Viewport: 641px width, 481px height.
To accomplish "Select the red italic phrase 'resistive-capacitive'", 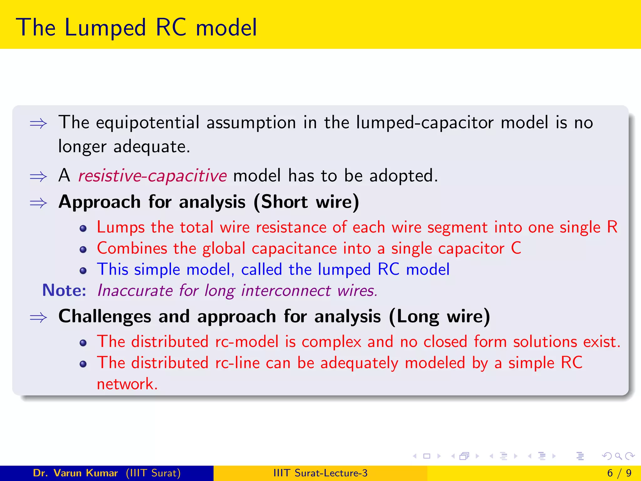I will coord(152,176).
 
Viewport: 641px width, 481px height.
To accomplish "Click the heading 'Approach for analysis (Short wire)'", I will coord(209,202).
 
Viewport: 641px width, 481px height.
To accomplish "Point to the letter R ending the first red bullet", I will coord(612,227).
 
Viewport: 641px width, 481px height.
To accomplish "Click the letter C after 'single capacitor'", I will coord(516,248).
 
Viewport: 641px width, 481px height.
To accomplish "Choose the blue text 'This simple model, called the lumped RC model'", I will coord(273,270).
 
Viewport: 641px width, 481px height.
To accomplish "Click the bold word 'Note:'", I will coord(64,291).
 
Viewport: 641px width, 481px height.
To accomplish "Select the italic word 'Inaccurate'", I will coord(135,291).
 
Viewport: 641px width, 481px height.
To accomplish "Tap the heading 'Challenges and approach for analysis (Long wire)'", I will coord(274,317).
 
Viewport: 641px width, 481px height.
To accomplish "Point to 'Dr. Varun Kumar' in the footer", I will coord(75,473).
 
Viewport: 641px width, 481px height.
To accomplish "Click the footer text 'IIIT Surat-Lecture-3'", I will coord(320,473).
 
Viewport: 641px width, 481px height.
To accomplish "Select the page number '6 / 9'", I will coord(619,473).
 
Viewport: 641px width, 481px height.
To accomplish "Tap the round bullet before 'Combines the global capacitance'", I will coord(83,250).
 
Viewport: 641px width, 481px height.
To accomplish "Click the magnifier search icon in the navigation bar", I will coord(618,456).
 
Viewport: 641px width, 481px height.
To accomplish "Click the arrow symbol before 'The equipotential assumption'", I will coord(38,124).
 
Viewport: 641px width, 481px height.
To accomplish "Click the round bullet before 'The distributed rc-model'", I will coord(83,343).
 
